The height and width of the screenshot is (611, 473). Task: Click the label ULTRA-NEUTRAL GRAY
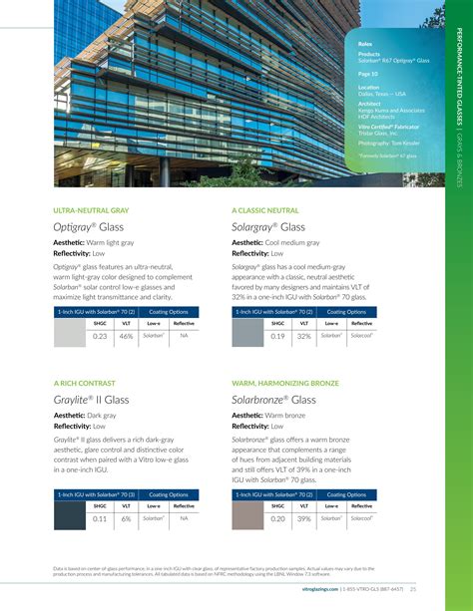pos(91,210)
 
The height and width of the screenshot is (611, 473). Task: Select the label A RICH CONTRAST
pos(84,382)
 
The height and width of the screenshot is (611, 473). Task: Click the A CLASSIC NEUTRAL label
pos(265,210)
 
